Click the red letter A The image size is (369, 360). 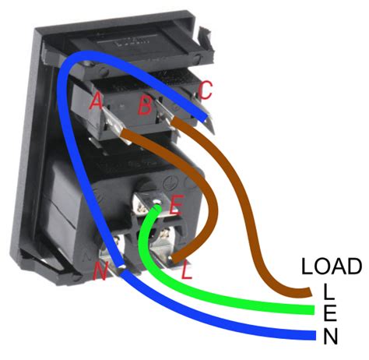(97, 101)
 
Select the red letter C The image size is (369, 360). (205, 90)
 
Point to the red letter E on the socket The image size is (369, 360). (175, 206)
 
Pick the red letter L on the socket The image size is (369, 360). (186, 273)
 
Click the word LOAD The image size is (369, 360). (332, 266)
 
